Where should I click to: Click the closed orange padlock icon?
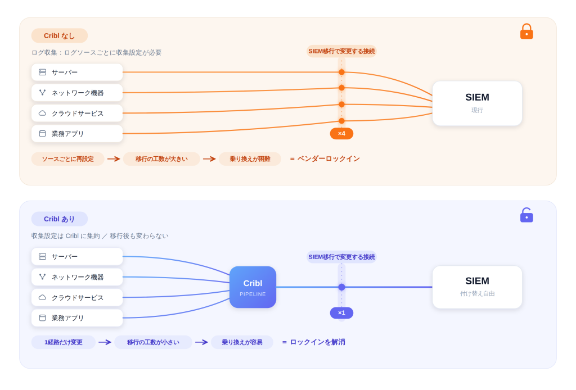(x=526, y=31)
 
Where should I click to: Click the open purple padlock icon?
(x=526, y=215)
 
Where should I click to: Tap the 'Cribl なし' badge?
(x=60, y=35)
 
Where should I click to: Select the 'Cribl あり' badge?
(x=60, y=219)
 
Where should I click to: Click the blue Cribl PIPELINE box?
(x=253, y=287)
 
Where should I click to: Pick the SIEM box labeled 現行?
(x=477, y=103)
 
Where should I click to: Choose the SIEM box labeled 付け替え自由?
(x=477, y=287)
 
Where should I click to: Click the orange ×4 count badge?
(x=341, y=134)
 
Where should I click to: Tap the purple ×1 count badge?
(x=341, y=313)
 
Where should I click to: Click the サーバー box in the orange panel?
(x=77, y=72)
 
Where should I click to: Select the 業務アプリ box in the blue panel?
(x=77, y=318)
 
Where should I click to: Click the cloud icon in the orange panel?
(x=43, y=113)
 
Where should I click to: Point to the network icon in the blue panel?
(x=43, y=276)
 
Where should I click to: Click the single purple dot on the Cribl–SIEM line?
(x=341, y=287)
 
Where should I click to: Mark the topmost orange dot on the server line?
(x=341, y=72)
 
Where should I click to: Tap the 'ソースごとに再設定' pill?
(x=68, y=159)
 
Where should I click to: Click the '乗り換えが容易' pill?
(x=242, y=342)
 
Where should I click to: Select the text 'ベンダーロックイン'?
(x=328, y=159)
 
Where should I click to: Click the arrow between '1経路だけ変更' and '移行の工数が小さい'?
(x=105, y=342)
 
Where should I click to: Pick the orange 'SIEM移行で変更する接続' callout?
(x=341, y=51)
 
